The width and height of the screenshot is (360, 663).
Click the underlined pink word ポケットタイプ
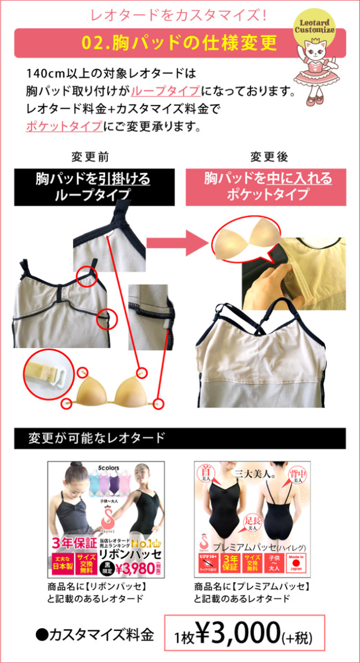(x=64, y=126)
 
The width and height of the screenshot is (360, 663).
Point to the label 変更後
(x=269, y=156)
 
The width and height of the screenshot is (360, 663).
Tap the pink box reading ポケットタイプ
(x=267, y=187)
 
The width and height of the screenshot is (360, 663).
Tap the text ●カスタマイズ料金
(x=94, y=635)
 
